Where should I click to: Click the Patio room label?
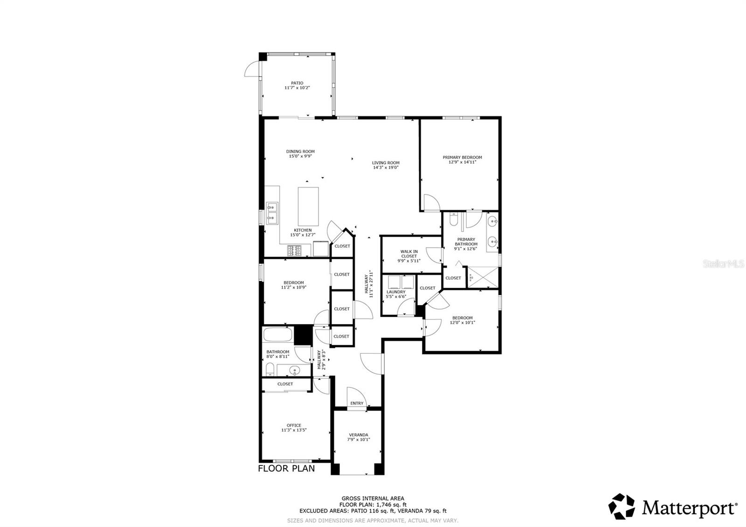(297, 83)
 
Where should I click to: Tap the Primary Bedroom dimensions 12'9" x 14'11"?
(462, 162)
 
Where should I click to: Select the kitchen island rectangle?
(308, 206)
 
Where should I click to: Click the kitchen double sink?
(272, 212)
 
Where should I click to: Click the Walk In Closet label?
(409, 254)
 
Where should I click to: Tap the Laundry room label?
(396, 292)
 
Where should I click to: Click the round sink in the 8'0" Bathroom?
(294, 371)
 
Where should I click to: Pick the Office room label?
(294, 425)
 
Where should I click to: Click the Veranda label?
(359, 435)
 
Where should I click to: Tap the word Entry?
(357, 403)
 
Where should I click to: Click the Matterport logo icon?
(622, 506)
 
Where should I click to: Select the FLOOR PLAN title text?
(286, 468)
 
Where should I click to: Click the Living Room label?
(386, 163)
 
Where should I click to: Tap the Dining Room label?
(300, 151)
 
